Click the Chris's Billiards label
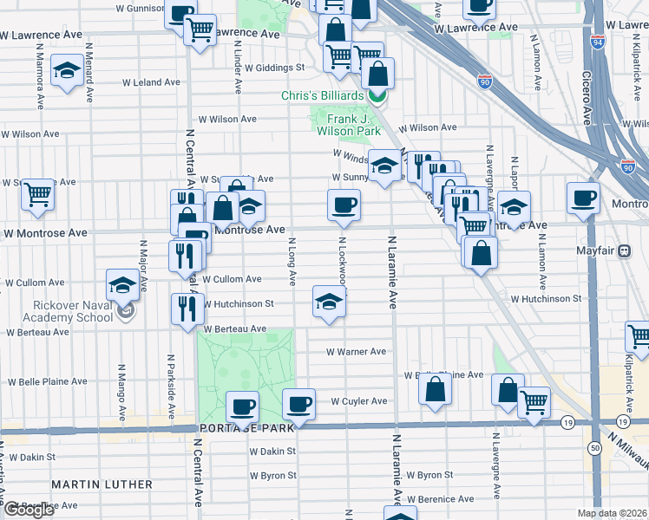(322, 95)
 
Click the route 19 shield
(567, 422)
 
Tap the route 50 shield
(594, 447)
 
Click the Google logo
(29, 510)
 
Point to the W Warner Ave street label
(356, 352)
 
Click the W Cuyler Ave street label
(359, 401)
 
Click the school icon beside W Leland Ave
(66, 71)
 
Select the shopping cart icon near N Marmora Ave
(37, 194)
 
